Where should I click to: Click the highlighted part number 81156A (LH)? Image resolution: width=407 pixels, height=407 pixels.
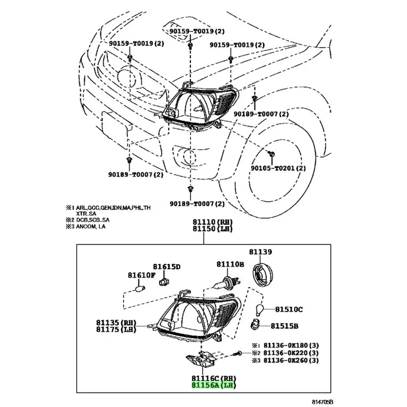pos(214,385)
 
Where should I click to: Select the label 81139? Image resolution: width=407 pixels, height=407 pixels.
pos(260,252)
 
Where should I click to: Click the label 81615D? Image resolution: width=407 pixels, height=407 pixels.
pos(166,267)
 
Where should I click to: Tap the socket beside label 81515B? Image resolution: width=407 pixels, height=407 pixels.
pos(255,325)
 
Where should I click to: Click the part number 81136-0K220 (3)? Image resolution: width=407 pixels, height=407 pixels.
pos(291,353)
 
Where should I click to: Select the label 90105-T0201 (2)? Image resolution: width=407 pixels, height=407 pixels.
pos(278,168)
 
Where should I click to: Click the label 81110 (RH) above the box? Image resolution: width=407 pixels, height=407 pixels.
pos(212,222)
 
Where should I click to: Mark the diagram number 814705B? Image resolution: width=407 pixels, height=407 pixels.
pos(322,402)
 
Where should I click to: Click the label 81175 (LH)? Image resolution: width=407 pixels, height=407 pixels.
pos(116,329)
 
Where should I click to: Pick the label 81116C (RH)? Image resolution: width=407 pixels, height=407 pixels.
pos(214,378)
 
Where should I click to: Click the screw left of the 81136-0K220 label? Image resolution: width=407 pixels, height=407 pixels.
pos(237,353)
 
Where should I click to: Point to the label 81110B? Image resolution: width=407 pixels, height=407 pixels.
pos(230,264)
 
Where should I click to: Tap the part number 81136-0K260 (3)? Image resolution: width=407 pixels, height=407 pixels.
pos(291,360)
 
